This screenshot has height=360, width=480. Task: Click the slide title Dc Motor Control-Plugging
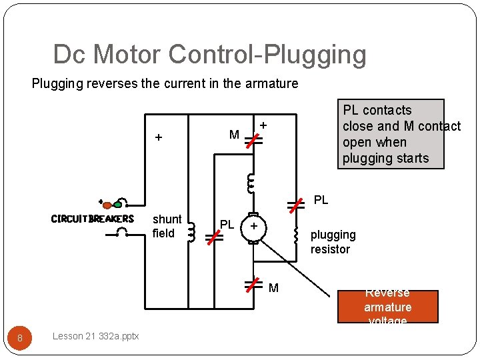pyautogui.click(x=209, y=55)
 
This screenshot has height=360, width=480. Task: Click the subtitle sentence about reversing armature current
pyautogui.click(x=165, y=83)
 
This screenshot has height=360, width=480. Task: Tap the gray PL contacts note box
pyautogui.click(x=391, y=134)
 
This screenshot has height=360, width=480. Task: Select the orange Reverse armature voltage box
pyautogui.click(x=387, y=307)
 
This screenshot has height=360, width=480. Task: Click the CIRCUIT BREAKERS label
pyautogui.click(x=93, y=219)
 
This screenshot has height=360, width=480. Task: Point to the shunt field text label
pyautogui.click(x=167, y=226)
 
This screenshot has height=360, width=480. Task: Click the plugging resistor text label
pyautogui.click(x=333, y=242)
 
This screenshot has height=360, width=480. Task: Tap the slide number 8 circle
pyautogui.click(x=20, y=338)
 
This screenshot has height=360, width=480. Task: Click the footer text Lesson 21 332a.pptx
pyautogui.click(x=95, y=336)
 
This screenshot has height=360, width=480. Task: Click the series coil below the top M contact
pyautogui.click(x=251, y=181)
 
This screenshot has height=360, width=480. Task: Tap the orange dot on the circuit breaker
pyautogui.click(x=107, y=205)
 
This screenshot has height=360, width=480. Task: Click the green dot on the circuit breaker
pyautogui.click(x=117, y=205)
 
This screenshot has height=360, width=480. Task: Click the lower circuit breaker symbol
pyautogui.click(x=123, y=233)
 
